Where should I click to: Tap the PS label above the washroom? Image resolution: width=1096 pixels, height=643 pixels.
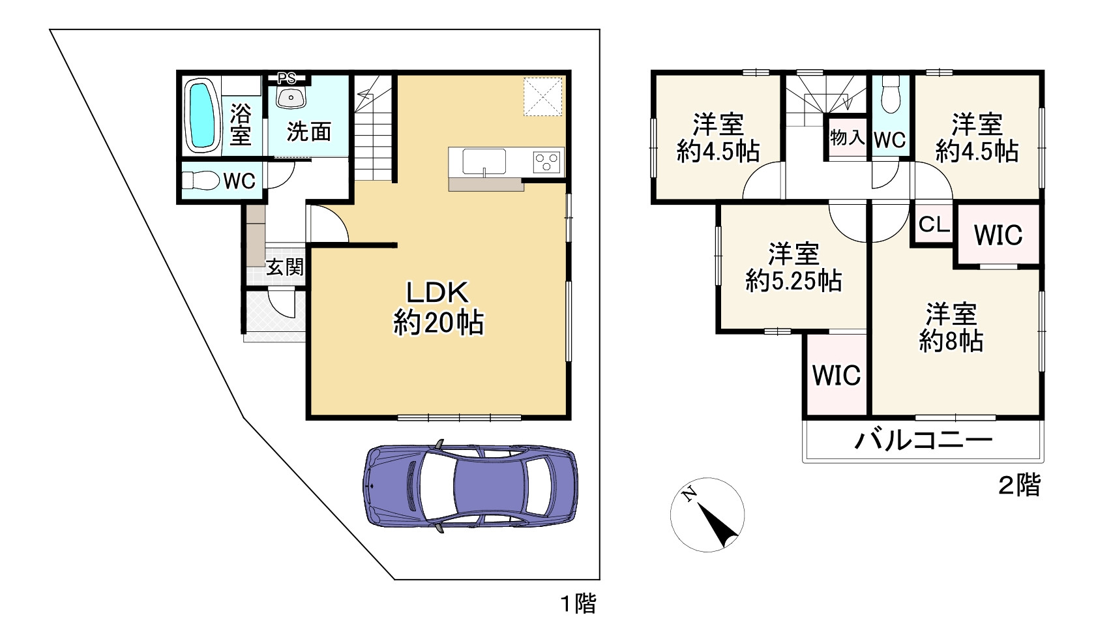[287, 78]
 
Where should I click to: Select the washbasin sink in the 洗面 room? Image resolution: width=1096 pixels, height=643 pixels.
[291, 97]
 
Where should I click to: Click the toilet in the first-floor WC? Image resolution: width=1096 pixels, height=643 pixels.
[201, 180]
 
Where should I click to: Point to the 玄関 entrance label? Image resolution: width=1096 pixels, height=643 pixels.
[284, 267]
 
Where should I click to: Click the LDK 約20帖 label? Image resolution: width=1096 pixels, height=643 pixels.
[438, 307]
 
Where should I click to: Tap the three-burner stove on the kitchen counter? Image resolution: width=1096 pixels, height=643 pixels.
[546, 162]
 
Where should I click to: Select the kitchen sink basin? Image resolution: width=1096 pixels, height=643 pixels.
[484, 162]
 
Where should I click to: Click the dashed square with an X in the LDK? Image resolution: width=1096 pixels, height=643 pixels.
[542, 97]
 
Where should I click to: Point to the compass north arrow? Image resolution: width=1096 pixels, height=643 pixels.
[717, 525]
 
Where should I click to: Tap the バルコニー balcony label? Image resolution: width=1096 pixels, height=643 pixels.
[923, 440]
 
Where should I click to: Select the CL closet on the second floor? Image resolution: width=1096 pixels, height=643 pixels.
[934, 224]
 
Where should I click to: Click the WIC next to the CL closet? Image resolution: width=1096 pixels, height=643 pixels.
[998, 235]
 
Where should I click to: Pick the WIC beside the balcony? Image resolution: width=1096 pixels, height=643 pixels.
[837, 376]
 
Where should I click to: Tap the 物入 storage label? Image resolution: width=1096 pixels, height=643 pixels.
[847, 138]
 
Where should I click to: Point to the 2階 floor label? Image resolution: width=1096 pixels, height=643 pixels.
[1019, 486]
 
